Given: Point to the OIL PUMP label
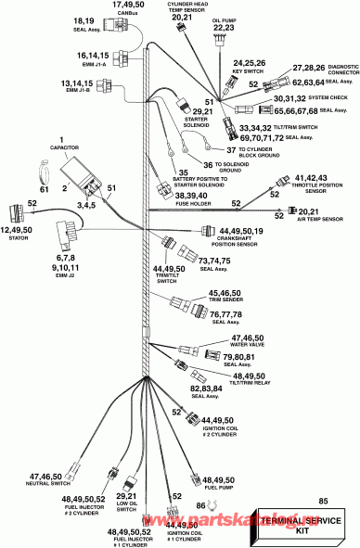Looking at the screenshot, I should pos(224,19).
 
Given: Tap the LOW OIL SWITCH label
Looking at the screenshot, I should pos(127,506).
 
